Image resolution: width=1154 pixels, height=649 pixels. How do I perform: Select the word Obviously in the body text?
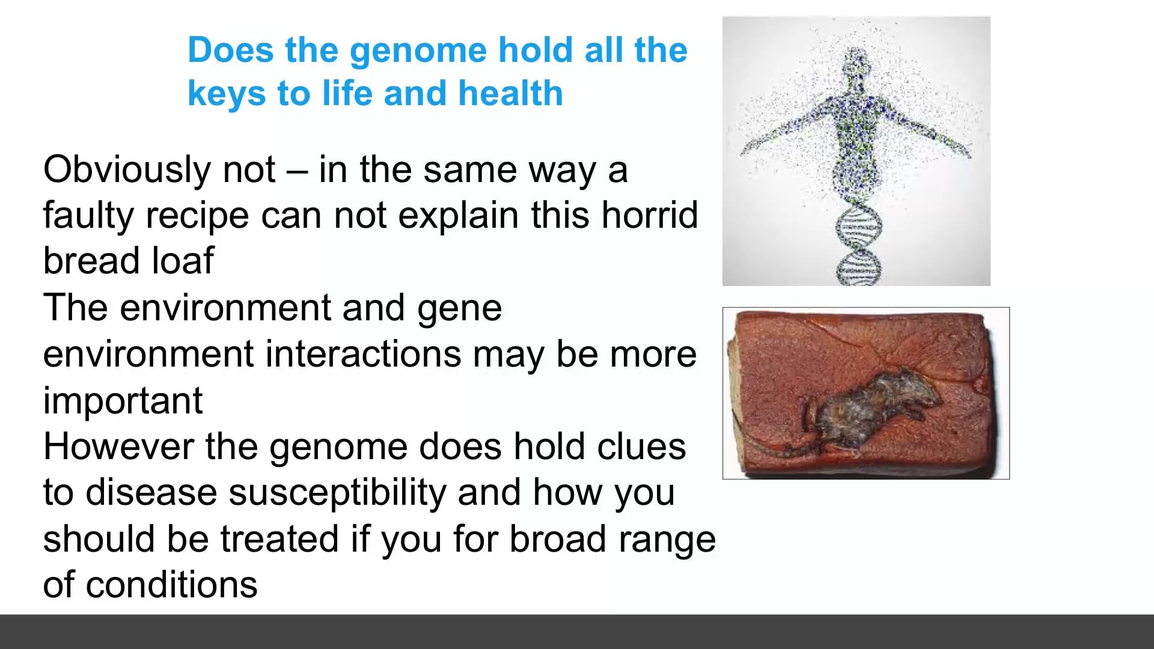pyautogui.click(x=126, y=170)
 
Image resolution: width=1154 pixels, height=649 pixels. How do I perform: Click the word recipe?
pyautogui.click(x=197, y=216)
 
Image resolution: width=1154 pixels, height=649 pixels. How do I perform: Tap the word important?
pyautogui.click(x=123, y=401)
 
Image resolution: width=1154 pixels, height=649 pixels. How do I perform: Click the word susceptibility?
pyautogui.click(x=337, y=493)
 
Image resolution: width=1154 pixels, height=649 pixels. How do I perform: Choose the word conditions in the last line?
pyautogui.click(x=171, y=585)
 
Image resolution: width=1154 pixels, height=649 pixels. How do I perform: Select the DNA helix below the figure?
pyautogui.click(x=858, y=246)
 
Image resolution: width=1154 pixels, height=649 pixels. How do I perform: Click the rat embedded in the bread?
pyautogui.click(x=872, y=409)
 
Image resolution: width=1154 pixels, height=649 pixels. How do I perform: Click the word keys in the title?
pyautogui.click(x=226, y=95)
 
